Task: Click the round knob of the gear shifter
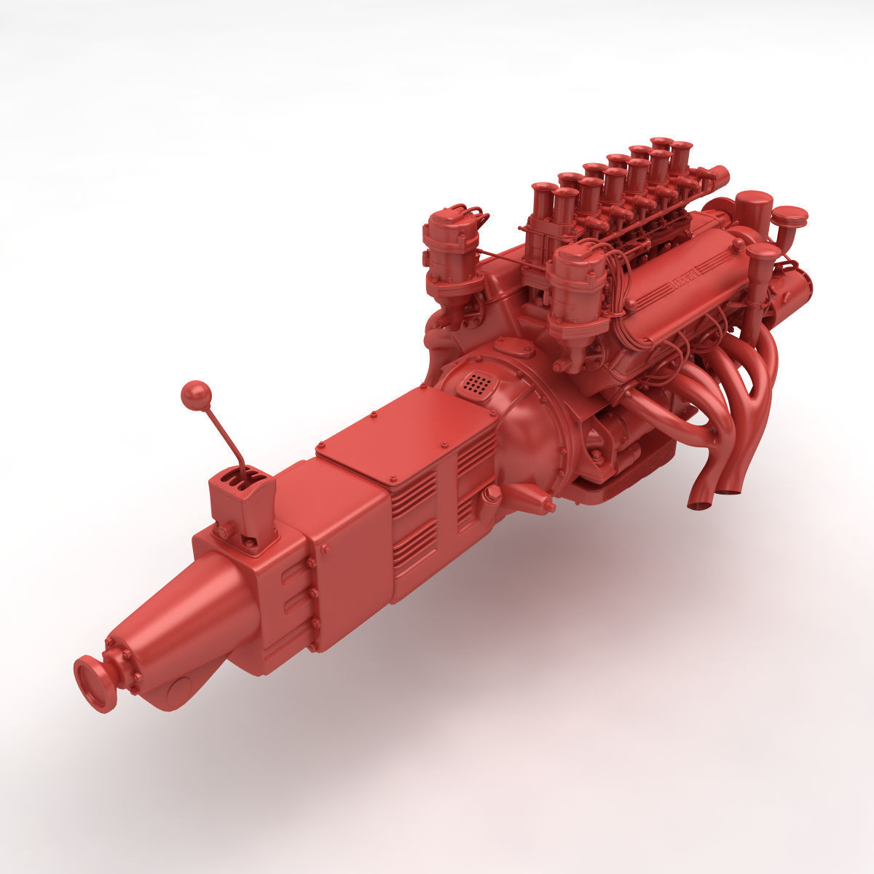pyautogui.click(x=196, y=395)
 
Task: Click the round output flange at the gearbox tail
pyautogui.click(x=94, y=682)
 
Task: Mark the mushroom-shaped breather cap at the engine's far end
pyautogui.click(x=790, y=218)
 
